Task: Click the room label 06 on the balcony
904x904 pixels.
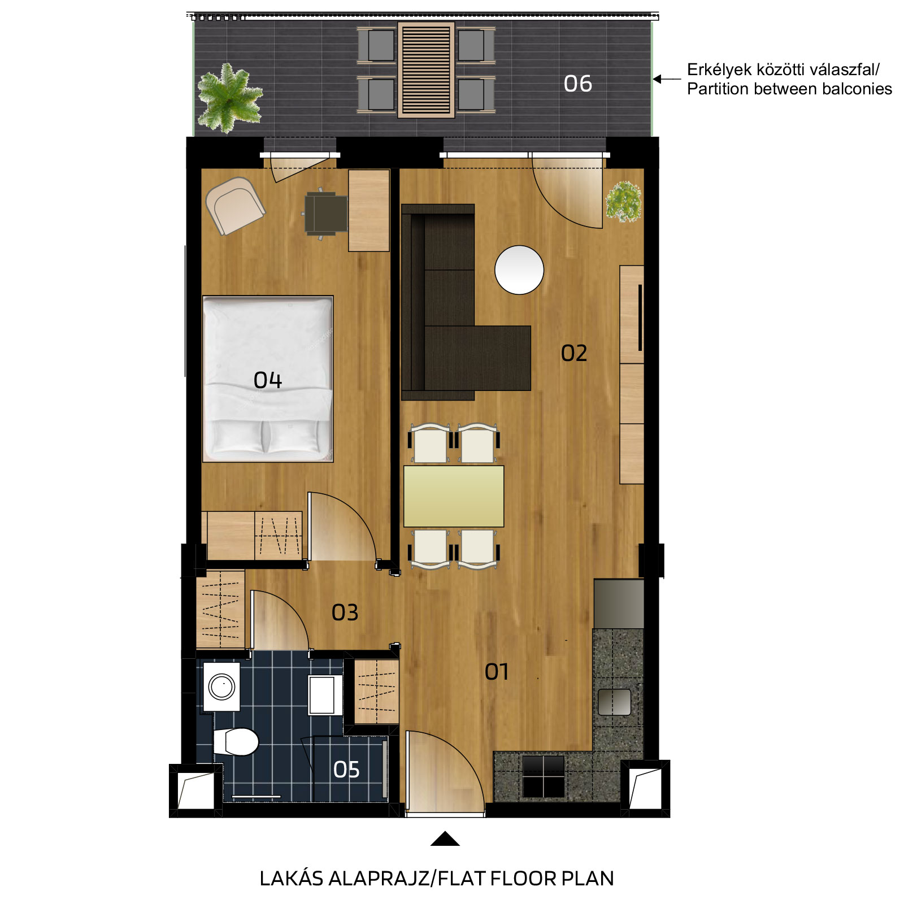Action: [x=577, y=84]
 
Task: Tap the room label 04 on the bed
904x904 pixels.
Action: [x=267, y=380]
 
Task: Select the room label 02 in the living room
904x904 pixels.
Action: [x=574, y=353]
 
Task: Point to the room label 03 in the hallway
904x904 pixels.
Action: [x=345, y=612]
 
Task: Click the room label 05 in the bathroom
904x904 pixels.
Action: [x=346, y=770]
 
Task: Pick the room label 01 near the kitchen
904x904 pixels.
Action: [x=497, y=672]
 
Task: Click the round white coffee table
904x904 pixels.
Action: [x=519, y=270]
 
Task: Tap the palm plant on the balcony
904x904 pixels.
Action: [x=229, y=98]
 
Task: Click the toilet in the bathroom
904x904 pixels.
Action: [x=236, y=741]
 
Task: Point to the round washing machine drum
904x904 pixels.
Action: [x=221, y=687]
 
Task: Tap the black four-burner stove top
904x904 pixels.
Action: [x=543, y=776]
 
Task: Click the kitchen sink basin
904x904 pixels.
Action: [x=615, y=702]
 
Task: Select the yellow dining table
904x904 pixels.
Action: [x=454, y=496]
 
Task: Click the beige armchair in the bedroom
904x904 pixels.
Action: [x=235, y=206]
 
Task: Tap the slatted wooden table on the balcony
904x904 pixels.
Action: [x=426, y=70]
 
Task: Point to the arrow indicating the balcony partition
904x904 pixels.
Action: [x=667, y=79]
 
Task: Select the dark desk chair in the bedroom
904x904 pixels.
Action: [x=325, y=214]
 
